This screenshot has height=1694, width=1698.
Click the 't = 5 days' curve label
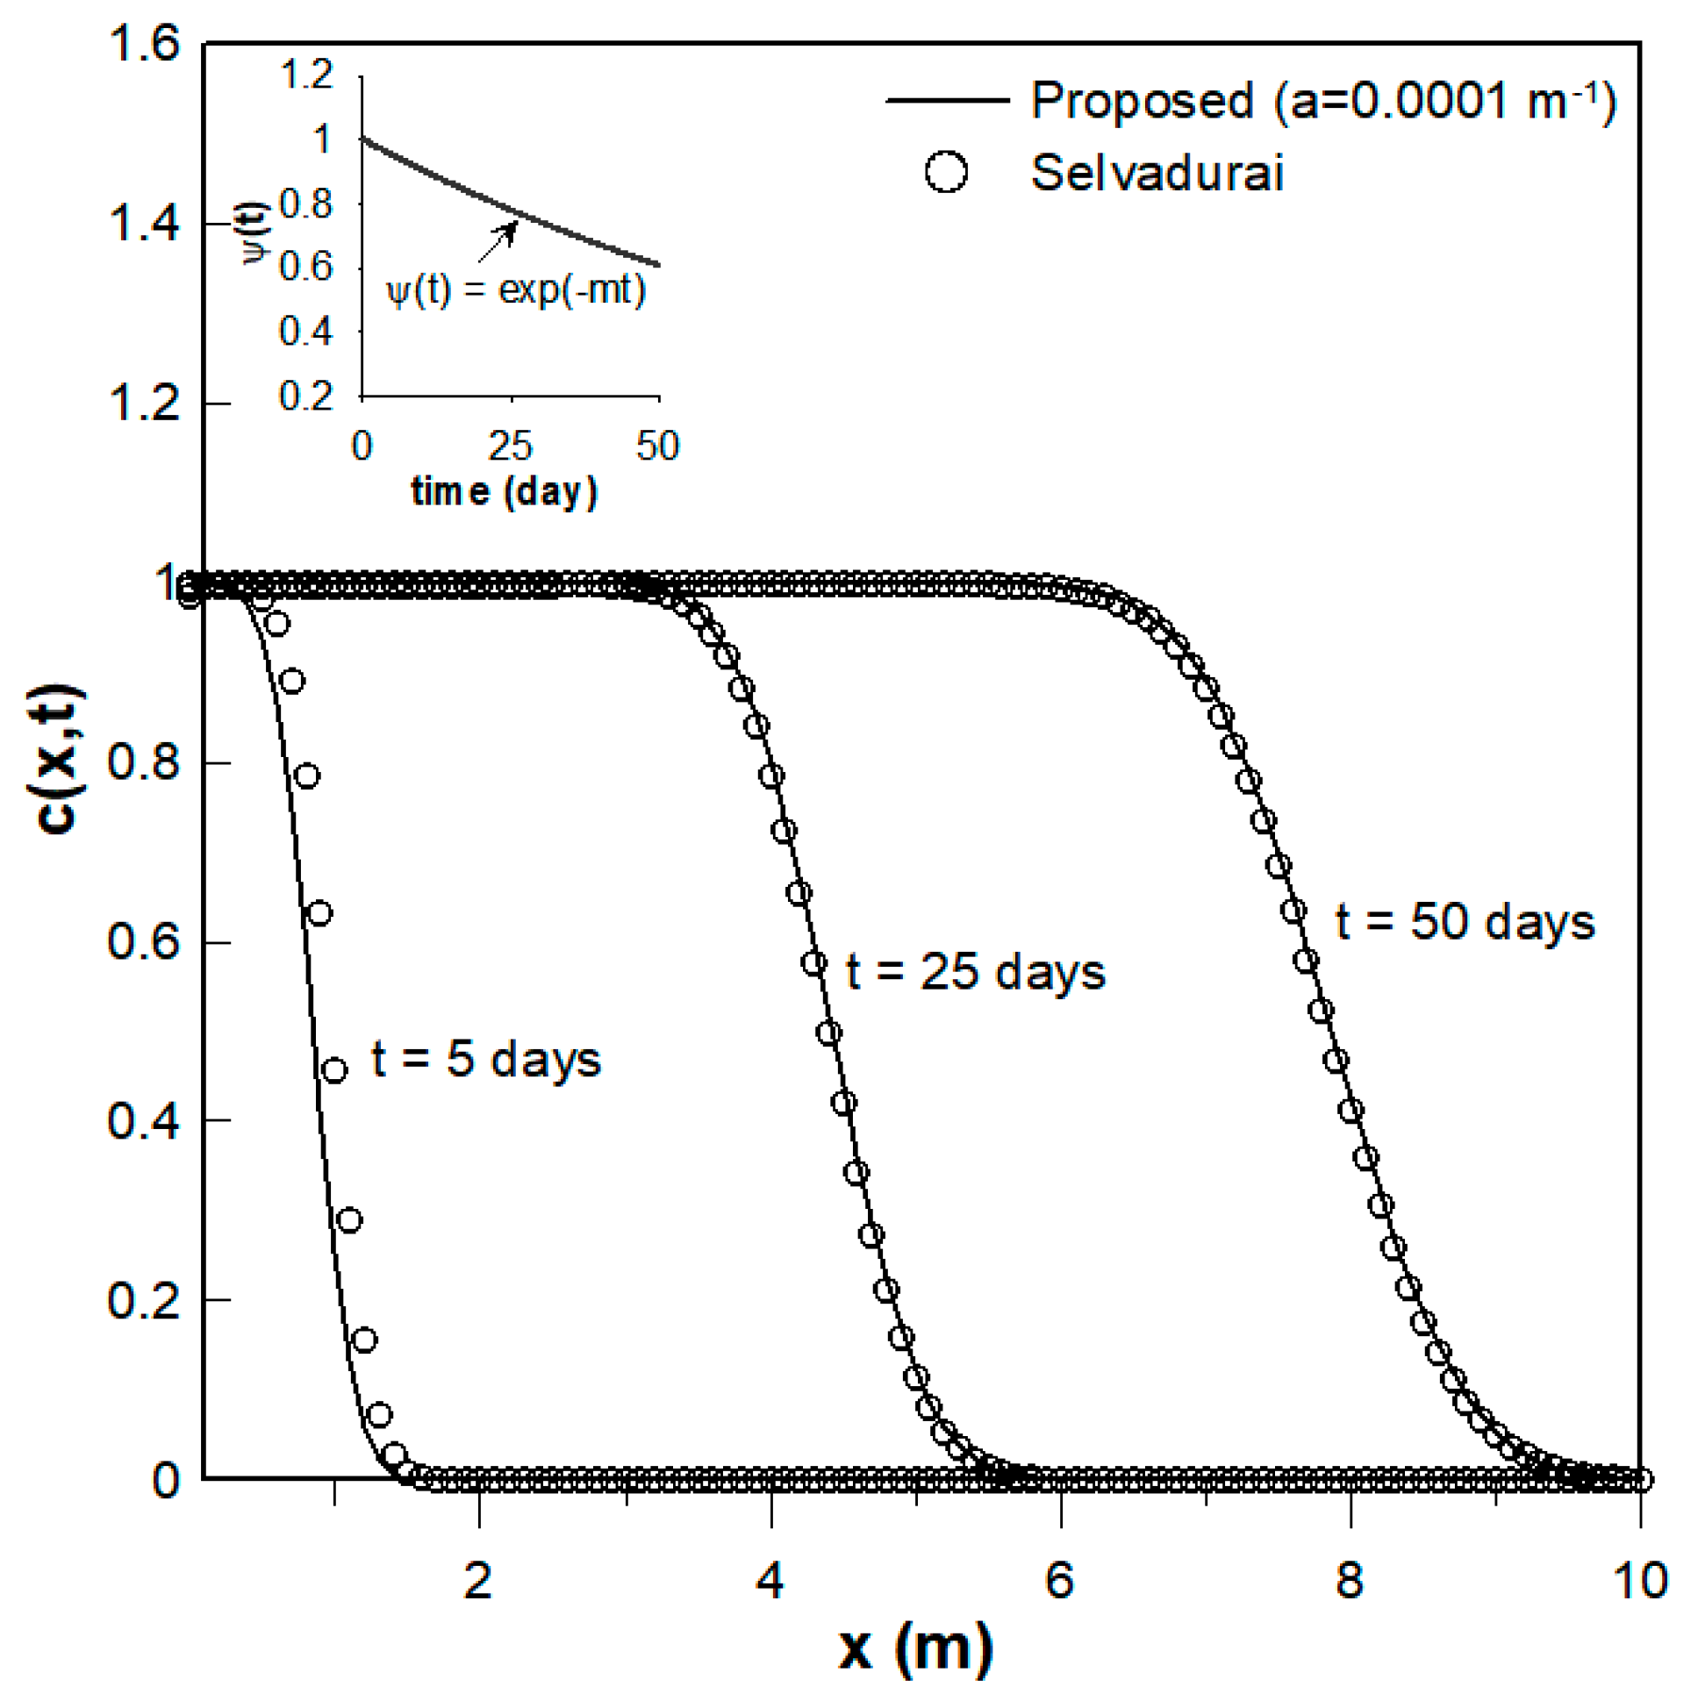click(x=486, y=1059)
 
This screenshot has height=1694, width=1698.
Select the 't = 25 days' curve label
click(x=976, y=972)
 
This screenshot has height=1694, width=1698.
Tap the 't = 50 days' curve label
click(x=1465, y=923)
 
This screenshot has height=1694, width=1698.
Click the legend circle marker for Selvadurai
click(x=946, y=171)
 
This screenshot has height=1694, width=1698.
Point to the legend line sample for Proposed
click(x=947, y=100)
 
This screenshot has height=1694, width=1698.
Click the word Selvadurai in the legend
click(x=1157, y=172)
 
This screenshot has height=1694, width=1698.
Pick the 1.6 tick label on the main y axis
click(x=143, y=43)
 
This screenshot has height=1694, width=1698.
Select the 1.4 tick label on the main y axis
click(x=143, y=223)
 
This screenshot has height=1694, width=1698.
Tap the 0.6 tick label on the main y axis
click(x=143, y=941)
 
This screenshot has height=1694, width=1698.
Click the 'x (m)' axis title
click(x=915, y=1648)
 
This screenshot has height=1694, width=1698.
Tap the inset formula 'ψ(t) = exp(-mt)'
click(x=516, y=289)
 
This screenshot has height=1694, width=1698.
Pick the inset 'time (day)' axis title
click(x=505, y=491)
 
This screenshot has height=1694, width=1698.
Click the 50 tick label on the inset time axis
click(x=658, y=447)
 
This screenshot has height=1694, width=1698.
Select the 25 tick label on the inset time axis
click(x=511, y=447)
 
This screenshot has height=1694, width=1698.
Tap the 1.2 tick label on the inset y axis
click(x=307, y=75)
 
